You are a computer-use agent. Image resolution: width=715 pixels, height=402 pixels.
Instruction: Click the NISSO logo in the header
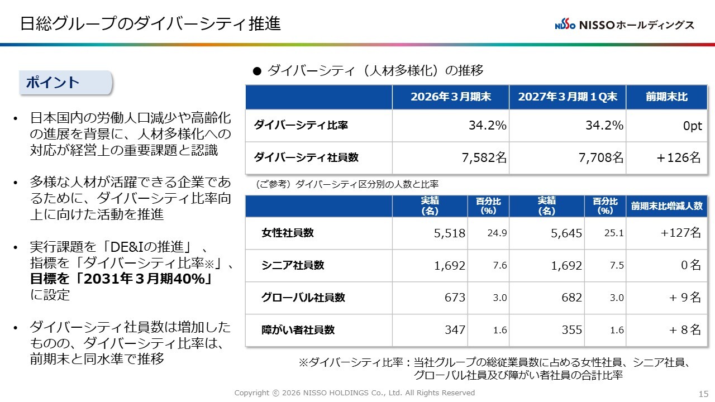coord(625,25)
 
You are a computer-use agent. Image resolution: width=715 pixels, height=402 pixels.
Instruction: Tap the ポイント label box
coord(66,83)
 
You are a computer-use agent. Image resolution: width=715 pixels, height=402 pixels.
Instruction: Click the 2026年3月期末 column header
coord(451,97)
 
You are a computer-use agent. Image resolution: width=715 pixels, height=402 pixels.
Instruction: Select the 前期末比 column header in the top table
coord(667,97)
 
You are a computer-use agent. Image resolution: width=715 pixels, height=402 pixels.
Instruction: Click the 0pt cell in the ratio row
coord(692,126)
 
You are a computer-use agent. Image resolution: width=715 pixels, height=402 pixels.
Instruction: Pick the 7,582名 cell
coord(484,157)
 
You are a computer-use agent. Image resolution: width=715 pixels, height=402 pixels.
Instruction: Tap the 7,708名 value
coord(600,157)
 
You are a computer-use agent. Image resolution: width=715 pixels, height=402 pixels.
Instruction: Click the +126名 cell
coord(679,157)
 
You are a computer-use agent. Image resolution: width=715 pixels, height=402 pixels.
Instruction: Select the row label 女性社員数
coord(288,233)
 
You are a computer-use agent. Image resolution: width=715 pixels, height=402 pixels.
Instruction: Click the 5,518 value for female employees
coord(450,233)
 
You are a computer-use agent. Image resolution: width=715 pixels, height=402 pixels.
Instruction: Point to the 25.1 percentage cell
coord(614,233)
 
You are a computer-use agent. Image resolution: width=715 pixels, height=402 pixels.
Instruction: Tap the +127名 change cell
coord(680,233)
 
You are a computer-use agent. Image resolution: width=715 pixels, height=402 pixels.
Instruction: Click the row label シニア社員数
coord(293,265)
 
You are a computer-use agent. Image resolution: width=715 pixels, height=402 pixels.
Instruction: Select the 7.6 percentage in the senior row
coord(500,265)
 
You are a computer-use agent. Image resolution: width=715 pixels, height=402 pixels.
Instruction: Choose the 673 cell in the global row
coord(455,298)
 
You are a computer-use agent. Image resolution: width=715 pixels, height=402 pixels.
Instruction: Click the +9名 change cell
coord(685,298)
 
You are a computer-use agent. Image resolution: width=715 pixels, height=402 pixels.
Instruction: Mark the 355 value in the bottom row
coord(571,330)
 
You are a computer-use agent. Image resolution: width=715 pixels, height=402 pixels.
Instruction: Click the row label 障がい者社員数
coord(298,330)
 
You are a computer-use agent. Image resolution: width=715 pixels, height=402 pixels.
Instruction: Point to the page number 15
coord(703,394)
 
